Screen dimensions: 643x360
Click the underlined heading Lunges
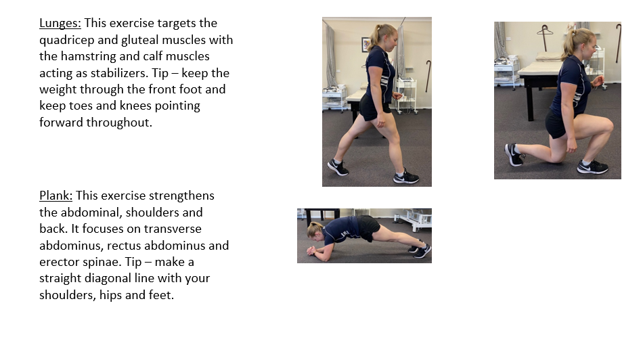coord(60,24)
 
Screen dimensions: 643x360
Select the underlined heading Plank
coord(56,196)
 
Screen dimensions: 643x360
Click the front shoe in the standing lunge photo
coord(406,177)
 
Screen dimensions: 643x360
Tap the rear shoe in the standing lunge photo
coord(338,167)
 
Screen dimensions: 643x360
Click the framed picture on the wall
coord(365,45)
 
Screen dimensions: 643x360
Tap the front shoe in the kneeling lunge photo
coord(592,167)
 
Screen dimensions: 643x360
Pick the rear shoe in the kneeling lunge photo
coord(514,154)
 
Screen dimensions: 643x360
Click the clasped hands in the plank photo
coord(313,250)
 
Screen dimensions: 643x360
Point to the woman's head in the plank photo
coord(315,230)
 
